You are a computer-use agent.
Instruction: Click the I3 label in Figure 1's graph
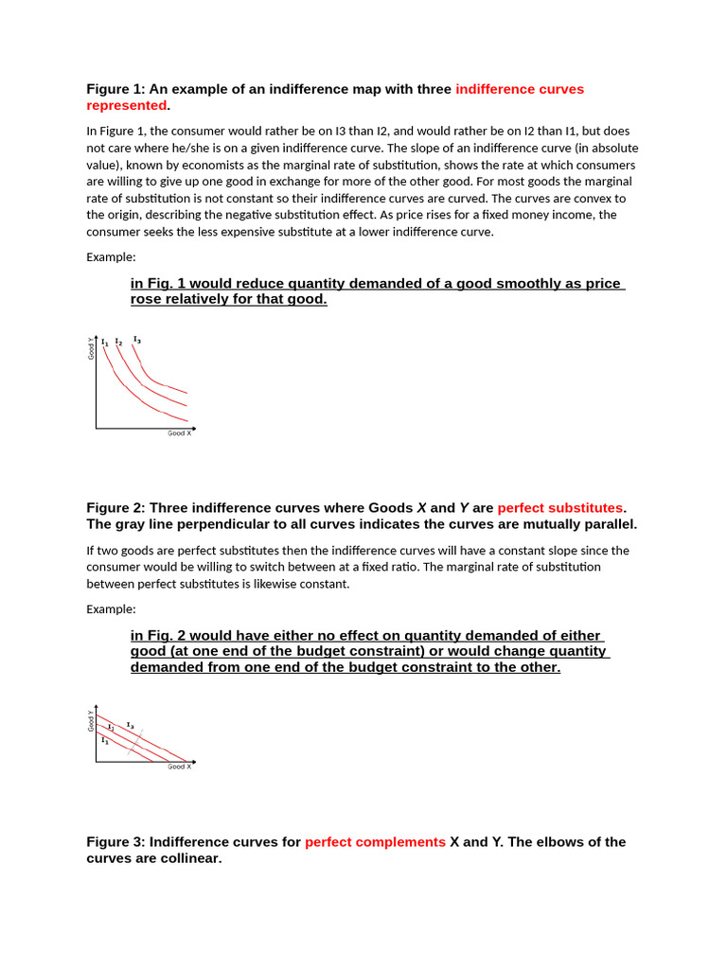coord(137,339)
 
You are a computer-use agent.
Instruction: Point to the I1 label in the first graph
coord(104,343)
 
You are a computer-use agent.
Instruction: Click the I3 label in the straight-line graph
coord(130,725)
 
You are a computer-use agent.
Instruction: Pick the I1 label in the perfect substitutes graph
coord(105,740)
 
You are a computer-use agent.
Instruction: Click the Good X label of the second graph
coord(179,766)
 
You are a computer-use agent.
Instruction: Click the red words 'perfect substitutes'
coord(560,508)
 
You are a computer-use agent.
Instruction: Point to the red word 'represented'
coord(126,106)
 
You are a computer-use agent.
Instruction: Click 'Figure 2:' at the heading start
coord(115,508)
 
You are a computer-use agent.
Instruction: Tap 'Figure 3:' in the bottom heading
coord(115,842)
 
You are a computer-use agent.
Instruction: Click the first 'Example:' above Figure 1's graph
coord(111,256)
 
